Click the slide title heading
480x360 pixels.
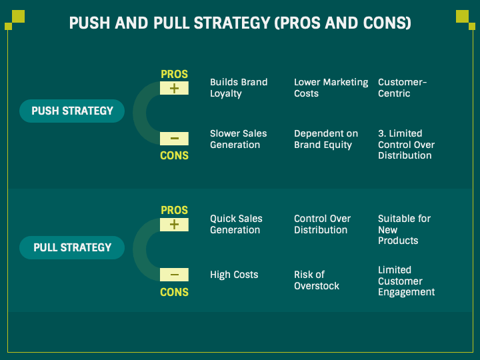pos(240,23)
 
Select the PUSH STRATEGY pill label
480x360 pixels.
pos(72,111)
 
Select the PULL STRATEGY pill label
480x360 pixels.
pos(72,247)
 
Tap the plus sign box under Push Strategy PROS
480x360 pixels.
pos(174,88)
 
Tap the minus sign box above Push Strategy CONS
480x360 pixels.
pos(174,139)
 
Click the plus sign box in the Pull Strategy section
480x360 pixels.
pos(174,224)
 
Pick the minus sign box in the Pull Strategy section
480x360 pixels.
pos(174,275)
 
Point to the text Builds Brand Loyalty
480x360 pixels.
pos(238,88)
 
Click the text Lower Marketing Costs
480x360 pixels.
pos(331,88)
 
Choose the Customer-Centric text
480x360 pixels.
pos(402,88)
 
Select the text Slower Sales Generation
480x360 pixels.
pos(238,139)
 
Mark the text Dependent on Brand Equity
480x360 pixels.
pos(325,139)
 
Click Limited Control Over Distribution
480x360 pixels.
pos(406,145)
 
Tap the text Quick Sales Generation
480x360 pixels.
pos(236,224)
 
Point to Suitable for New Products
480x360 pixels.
pos(404,229)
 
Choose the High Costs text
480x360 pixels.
pos(234,275)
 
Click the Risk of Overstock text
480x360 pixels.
pos(316,280)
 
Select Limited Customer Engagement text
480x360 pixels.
pos(406,281)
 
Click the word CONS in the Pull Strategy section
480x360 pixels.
pos(174,292)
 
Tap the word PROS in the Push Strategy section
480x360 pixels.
pos(174,74)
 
